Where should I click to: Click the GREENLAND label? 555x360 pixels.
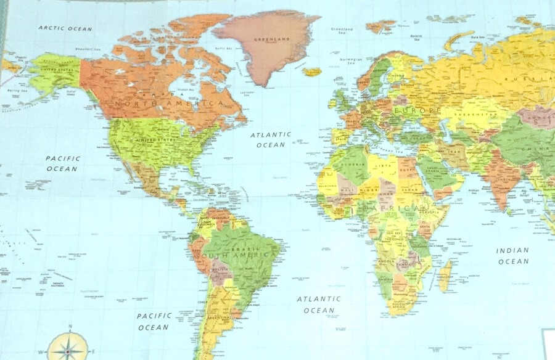pos(272,40)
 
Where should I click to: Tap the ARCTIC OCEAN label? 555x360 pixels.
pos(65,28)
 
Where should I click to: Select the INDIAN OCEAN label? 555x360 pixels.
pos(513,256)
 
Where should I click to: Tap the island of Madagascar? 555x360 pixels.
pos(445,276)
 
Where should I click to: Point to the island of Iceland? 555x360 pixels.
pos(312,72)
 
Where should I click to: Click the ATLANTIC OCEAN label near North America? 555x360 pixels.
pos(271,139)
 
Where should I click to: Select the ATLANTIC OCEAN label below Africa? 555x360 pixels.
pos(319,305)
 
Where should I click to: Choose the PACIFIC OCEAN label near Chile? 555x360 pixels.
pos(154,321)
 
